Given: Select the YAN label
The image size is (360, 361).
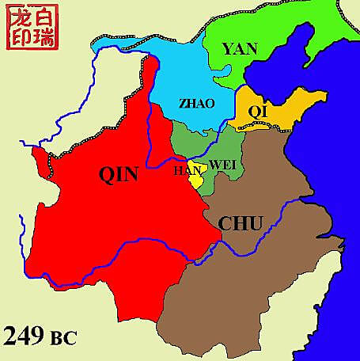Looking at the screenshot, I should (x=240, y=49).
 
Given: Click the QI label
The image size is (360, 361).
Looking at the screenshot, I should (x=259, y=112).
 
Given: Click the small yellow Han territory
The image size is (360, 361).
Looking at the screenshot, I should (x=195, y=177).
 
